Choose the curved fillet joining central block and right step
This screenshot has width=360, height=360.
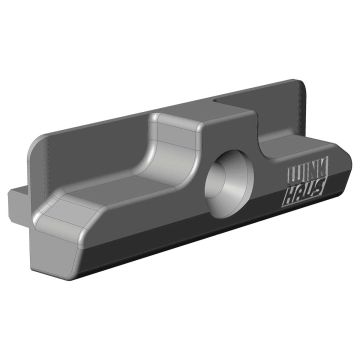262,150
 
